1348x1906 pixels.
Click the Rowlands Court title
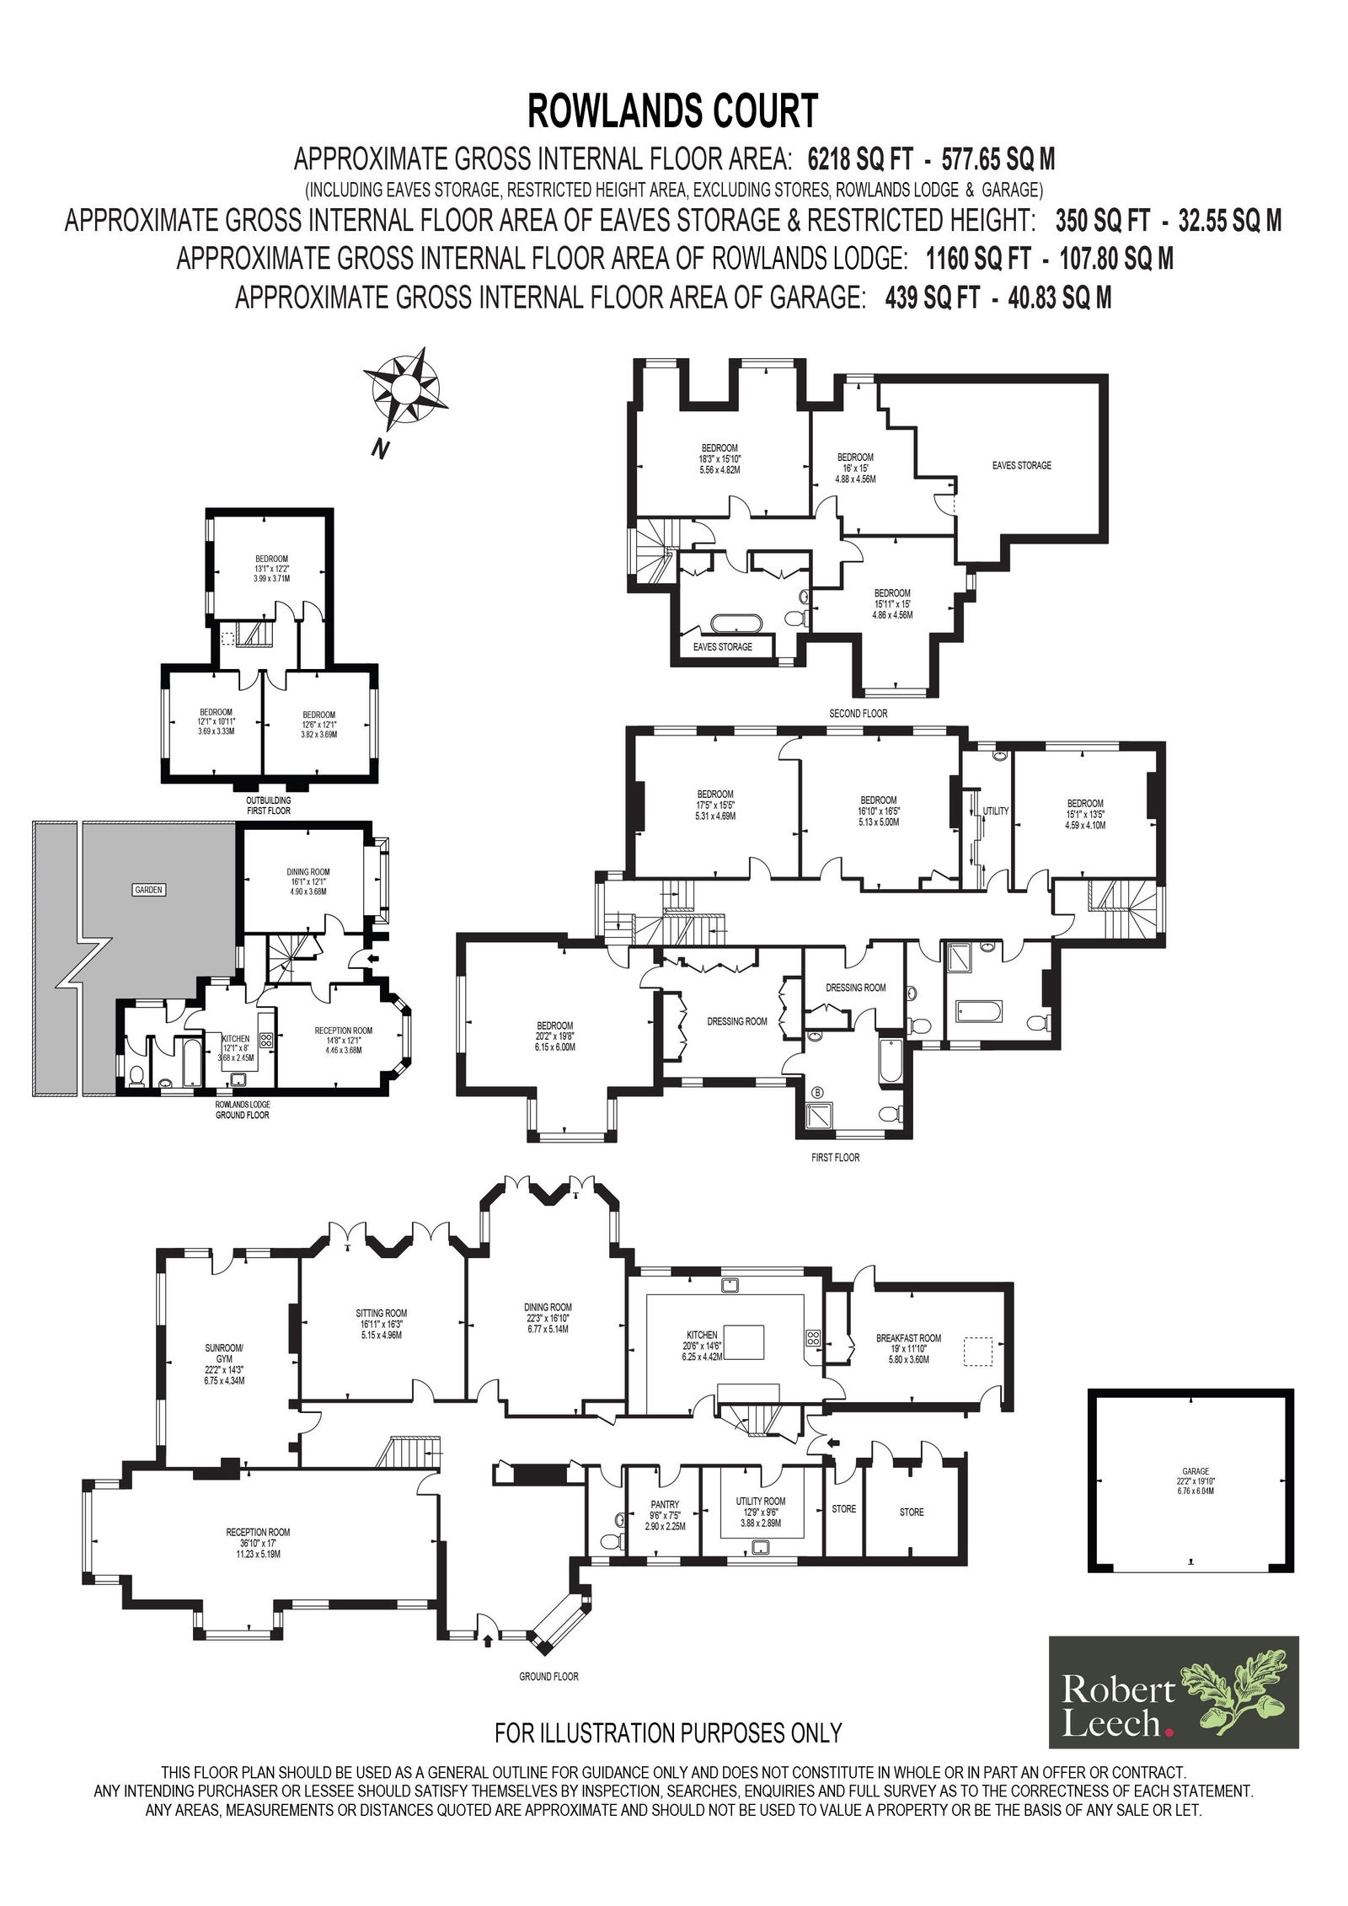pos(672,110)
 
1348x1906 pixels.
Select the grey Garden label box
pos(148,889)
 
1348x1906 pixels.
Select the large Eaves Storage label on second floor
pos(1022,465)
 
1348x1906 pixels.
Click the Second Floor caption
pos(858,713)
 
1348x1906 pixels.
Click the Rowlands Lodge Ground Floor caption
pos(243,1109)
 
